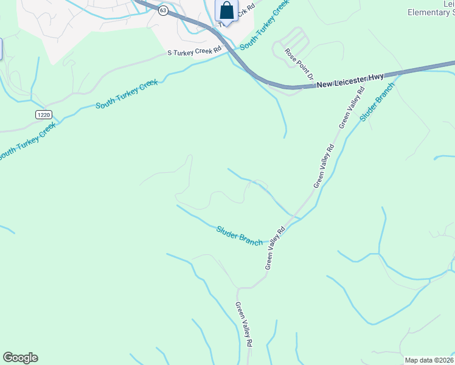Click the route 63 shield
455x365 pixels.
coord(162,10)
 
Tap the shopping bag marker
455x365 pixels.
coord(226,11)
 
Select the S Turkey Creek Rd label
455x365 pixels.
coord(194,52)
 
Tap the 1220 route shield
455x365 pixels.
coord(43,114)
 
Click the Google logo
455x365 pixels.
coord(20,358)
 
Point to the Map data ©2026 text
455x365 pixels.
coord(429,360)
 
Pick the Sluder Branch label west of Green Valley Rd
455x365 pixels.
coord(240,236)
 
